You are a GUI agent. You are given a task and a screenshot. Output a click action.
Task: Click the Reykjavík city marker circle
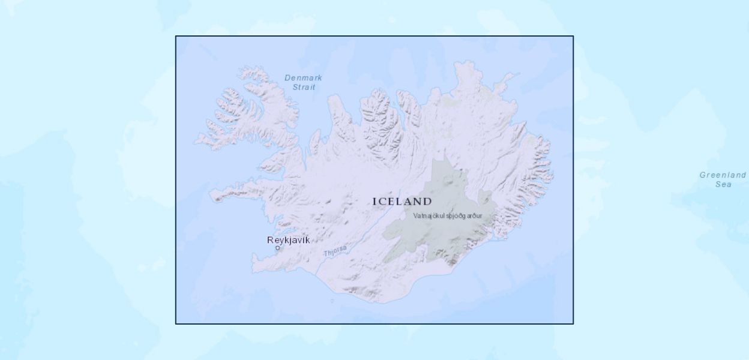tap(277, 248)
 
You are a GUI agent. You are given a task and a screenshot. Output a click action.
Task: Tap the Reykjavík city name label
tap(289, 240)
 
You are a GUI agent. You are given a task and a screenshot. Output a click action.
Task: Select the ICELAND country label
tap(402, 202)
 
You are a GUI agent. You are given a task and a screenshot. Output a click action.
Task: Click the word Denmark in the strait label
tap(303, 77)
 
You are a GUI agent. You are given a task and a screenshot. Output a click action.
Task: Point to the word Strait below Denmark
tap(304, 87)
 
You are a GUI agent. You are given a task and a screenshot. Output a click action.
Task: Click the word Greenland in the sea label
tap(723, 175)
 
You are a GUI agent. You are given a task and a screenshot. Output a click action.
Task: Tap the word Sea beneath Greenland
tap(723, 184)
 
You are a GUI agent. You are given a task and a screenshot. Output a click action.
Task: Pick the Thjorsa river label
tap(335, 253)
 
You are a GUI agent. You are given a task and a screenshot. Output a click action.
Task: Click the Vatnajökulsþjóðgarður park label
tap(447, 215)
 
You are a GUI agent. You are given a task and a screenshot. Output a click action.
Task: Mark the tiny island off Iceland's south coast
tap(332, 301)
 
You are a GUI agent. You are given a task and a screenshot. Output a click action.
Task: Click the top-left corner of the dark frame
tap(176, 36)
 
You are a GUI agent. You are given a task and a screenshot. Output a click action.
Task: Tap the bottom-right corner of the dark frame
tap(573, 323)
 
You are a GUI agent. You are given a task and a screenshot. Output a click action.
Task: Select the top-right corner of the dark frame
tap(573, 36)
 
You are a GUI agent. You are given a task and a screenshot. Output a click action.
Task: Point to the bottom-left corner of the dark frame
tap(176, 323)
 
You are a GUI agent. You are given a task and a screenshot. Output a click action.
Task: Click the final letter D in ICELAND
tap(427, 202)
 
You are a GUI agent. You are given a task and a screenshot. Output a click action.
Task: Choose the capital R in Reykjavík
tap(270, 240)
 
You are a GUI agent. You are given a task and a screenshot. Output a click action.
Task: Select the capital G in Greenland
tap(703, 175)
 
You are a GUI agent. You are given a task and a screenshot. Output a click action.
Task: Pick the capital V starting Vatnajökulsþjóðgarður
tap(415, 215)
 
